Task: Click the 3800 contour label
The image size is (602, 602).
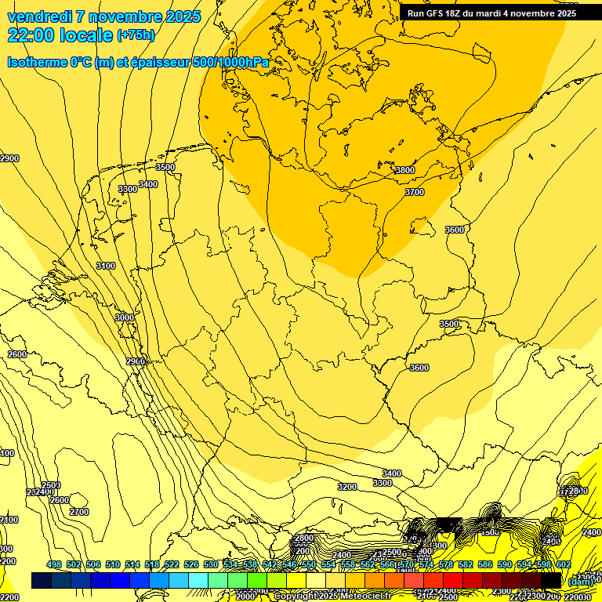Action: click(404, 170)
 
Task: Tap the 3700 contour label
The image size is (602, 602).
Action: click(414, 192)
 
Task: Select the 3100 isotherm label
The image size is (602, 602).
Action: click(106, 266)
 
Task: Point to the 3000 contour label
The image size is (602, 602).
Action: click(124, 317)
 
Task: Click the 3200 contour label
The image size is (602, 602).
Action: click(346, 487)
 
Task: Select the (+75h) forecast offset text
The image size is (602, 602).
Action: click(136, 35)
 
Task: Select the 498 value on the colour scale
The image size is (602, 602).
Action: click(54, 565)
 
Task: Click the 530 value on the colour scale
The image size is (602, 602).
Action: click(211, 565)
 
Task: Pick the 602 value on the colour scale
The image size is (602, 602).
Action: click(564, 565)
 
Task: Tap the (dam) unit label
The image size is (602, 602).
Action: click(581, 582)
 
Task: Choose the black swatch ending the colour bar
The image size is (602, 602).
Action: click(551, 580)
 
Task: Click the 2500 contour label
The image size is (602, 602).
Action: click(51, 485)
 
